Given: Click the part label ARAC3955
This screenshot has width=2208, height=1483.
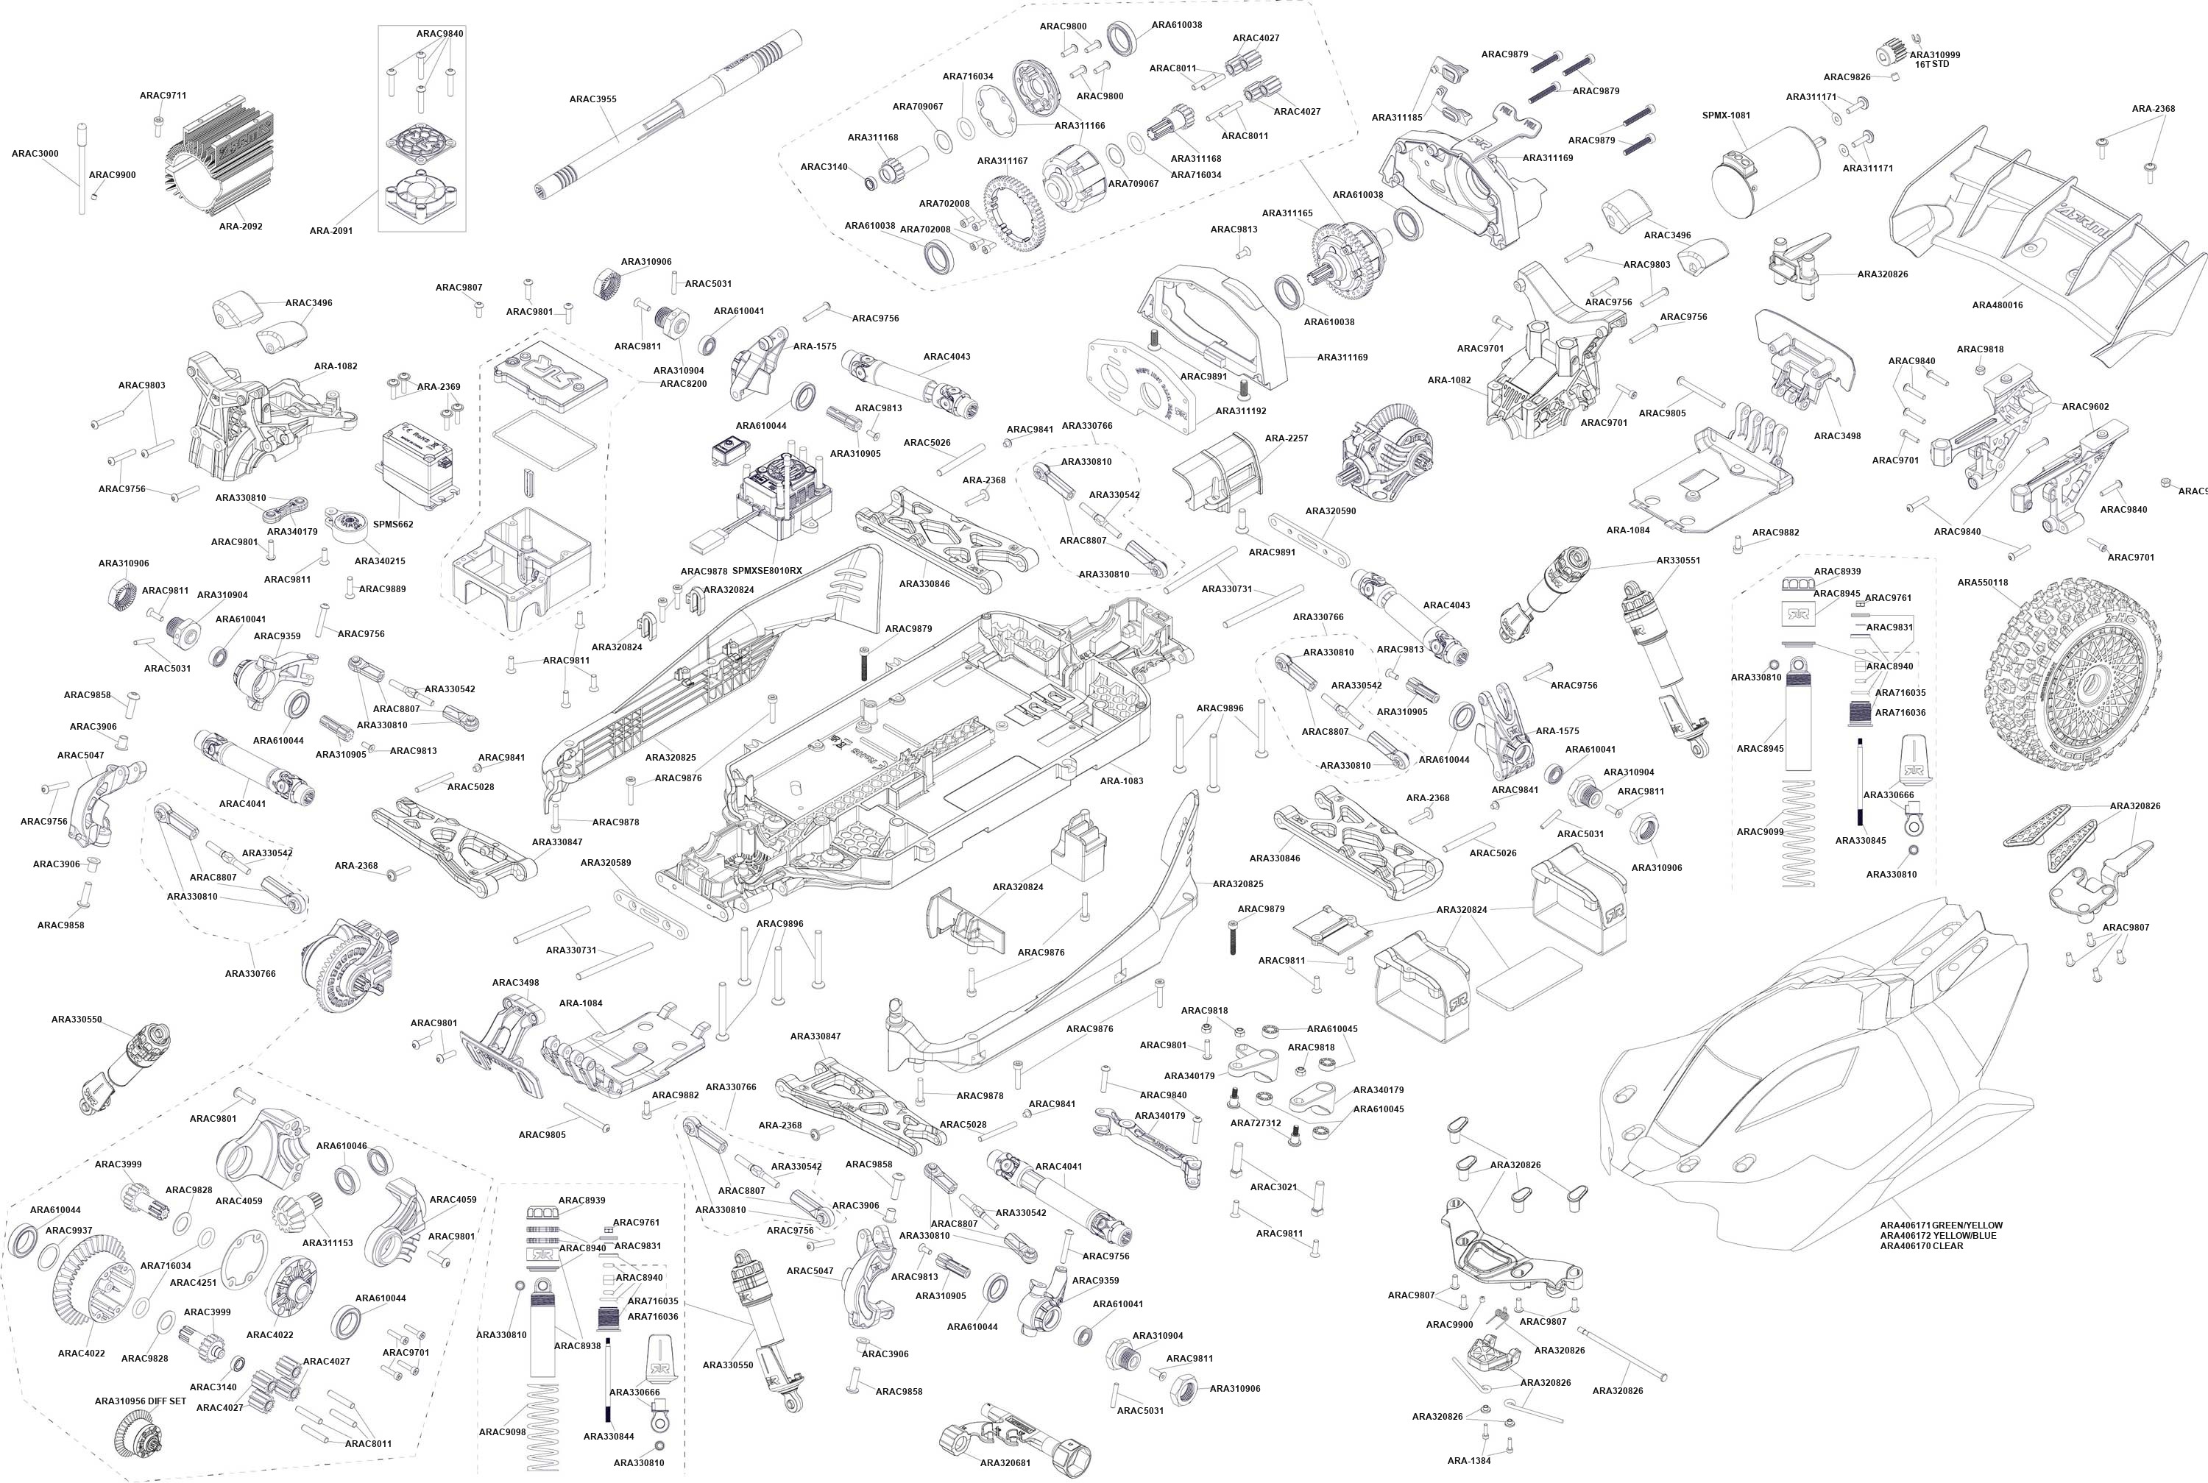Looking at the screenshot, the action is [593, 99].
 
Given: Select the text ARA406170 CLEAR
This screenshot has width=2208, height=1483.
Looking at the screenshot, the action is [1922, 1245].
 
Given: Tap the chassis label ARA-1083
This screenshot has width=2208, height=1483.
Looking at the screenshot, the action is [1121, 781].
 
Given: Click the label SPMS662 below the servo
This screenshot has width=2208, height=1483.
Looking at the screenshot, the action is [392, 524].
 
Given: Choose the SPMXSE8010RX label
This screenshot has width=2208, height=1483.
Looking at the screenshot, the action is [766, 572].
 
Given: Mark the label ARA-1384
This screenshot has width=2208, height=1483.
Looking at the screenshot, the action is [1468, 1460].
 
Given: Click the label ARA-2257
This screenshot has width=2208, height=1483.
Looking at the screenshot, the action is [1287, 439].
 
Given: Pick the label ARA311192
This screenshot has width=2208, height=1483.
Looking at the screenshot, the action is [1240, 411].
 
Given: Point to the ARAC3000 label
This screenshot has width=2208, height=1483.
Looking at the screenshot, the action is [35, 153].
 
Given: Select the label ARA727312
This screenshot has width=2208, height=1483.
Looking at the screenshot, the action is [1256, 1123].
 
